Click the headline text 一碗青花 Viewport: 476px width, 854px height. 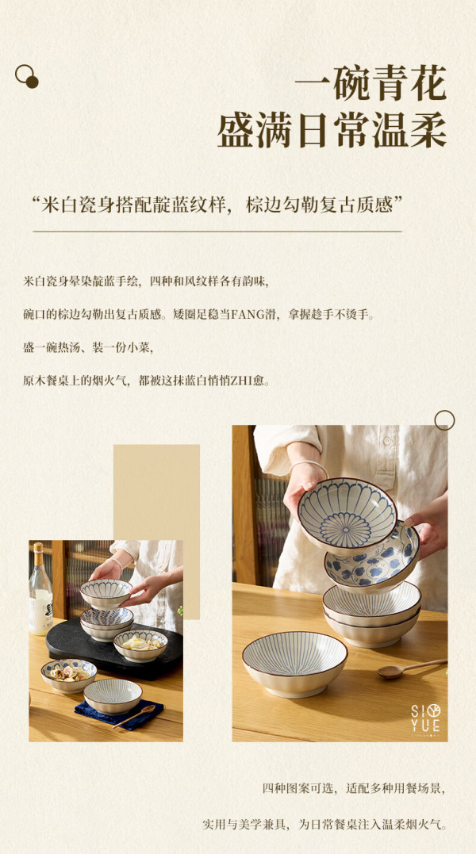(x=370, y=82)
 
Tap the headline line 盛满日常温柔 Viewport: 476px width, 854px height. (x=332, y=131)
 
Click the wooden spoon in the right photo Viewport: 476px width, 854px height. (x=412, y=668)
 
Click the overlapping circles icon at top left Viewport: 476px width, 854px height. (x=27, y=76)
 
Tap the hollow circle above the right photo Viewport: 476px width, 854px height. (x=444, y=420)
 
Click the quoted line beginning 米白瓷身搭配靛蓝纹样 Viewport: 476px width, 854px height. (x=217, y=205)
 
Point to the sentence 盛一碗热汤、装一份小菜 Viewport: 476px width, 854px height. (x=88, y=347)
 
